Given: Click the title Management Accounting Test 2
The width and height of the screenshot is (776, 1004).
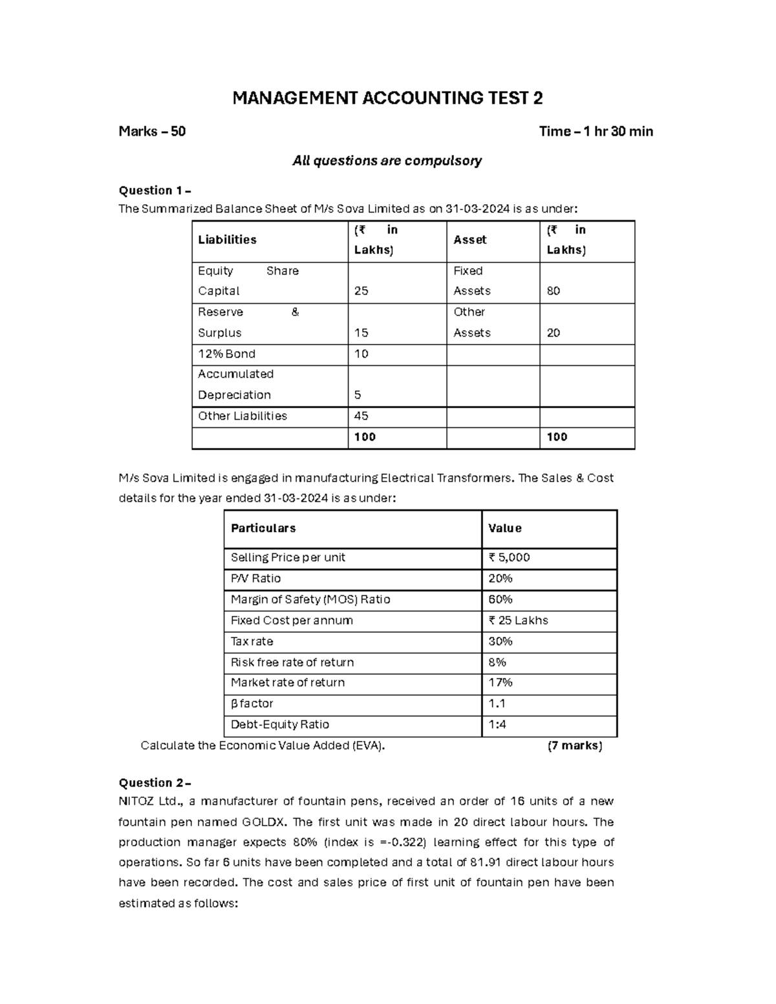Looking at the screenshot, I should [x=387, y=98].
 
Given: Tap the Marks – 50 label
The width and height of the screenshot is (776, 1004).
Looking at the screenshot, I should [x=152, y=132].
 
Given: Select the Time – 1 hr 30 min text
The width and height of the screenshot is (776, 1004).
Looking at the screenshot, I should [x=596, y=132].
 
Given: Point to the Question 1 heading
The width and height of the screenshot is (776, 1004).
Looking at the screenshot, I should [x=155, y=190].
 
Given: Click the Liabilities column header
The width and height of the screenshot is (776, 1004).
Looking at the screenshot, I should [x=227, y=240].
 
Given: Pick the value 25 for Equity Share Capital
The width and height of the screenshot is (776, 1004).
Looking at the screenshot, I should [x=361, y=291].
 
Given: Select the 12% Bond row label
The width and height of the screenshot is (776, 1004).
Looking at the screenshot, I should [x=226, y=354].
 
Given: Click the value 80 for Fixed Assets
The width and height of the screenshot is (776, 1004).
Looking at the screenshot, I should [x=554, y=291].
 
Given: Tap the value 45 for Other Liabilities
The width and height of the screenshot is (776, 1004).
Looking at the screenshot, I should [x=361, y=416].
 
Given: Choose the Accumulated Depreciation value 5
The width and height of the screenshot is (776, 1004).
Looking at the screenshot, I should [x=358, y=395].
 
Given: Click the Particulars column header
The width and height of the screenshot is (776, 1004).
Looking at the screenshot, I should [x=263, y=528].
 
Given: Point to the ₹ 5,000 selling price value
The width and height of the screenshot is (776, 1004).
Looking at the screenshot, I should [x=510, y=557].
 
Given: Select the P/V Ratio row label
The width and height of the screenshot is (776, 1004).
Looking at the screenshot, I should [x=255, y=578].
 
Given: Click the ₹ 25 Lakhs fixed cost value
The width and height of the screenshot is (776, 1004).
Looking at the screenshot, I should [x=518, y=620].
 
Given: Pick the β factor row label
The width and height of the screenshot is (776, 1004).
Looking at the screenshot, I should [x=252, y=703].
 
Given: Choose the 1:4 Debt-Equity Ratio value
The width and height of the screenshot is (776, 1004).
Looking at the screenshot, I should [x=497, y=725].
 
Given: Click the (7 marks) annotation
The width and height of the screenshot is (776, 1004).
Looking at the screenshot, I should [x=574, y=745].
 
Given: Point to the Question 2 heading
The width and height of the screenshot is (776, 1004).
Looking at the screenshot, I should [x=155, y=783].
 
